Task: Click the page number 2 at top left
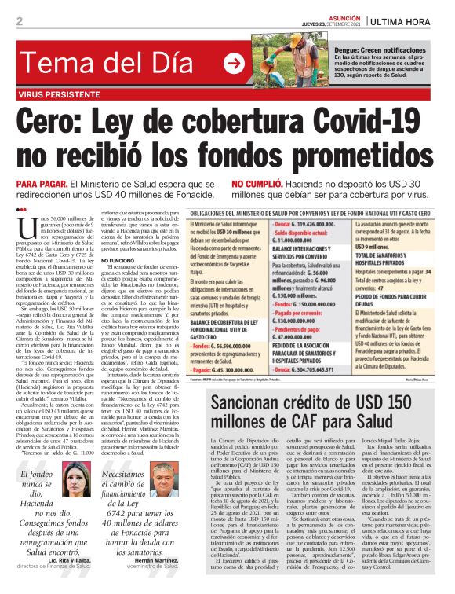tap(20, 21)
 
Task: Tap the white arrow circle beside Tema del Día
tap(233, 64)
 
